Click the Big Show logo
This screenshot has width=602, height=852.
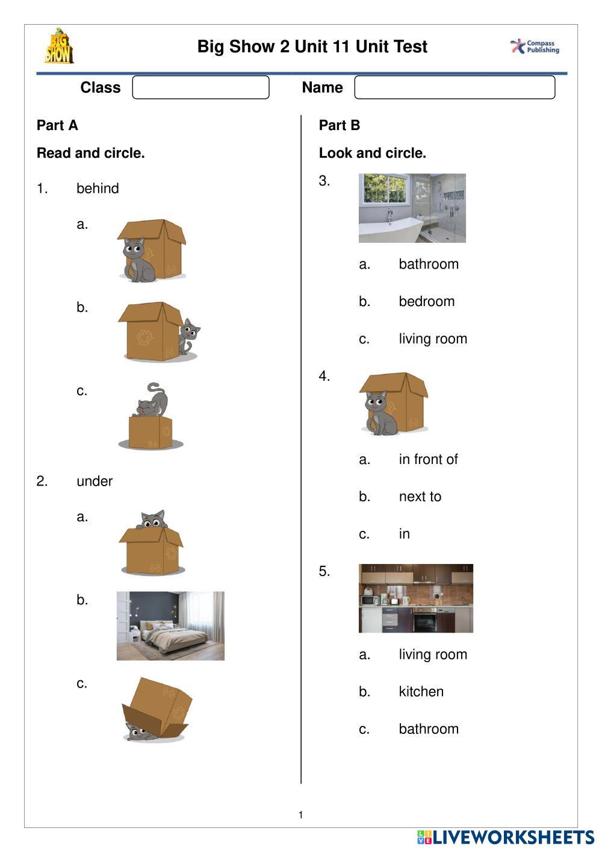[x=58, y=46]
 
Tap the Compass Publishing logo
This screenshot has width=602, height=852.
[x=535, y=46]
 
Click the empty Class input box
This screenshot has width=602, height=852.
[x=200, y=87]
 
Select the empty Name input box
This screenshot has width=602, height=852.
[x=455, y=87]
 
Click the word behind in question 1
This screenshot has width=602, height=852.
[x=98, y=189]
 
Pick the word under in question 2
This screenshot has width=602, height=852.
[x=95, y=481]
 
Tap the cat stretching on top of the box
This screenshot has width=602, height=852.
[x=150, y=401]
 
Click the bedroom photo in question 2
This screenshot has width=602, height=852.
[x=170, y=625]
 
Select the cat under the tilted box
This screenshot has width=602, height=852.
[x=137, y=731]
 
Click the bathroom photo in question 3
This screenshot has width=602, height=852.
[x=412, y=208]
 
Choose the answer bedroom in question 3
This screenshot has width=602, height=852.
[x=426, y=301]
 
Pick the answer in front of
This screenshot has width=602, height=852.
[x=428, y=460]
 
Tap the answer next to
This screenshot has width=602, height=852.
[x=420, y=497]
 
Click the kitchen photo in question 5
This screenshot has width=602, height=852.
[x=415, y=598]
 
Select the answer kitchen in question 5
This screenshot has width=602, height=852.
[x=421, y=692]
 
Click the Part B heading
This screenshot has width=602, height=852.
[x=340, y=125]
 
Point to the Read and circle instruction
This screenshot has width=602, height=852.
[x=91, y=153]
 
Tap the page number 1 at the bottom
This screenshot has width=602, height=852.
[x=301, y=815]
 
